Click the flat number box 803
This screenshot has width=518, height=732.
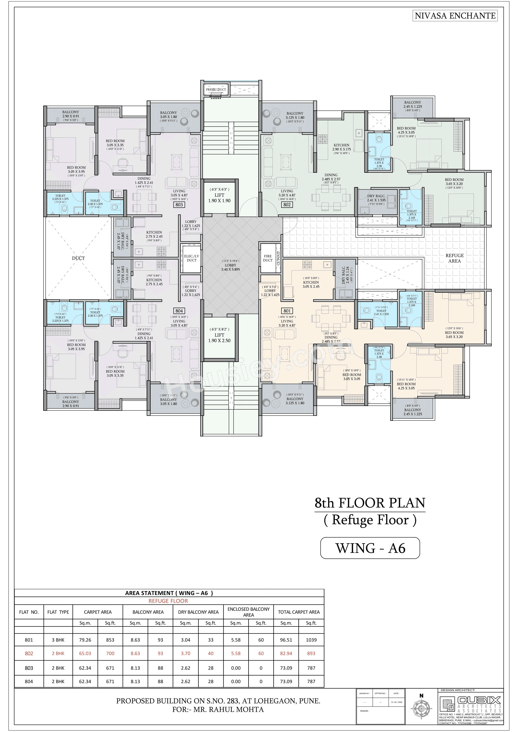tap(179, 205)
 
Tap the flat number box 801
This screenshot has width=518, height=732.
tap(287, 311)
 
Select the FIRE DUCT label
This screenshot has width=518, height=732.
tap(268, 258)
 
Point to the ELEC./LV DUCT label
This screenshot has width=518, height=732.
tap(192, 258)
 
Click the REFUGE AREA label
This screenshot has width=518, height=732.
tap(454, 258)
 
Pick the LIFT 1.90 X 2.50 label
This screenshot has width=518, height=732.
tap(219, 338)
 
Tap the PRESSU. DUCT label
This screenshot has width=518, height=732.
tap(216, 90)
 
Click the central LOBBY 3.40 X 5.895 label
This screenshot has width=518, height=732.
tap(231, 267)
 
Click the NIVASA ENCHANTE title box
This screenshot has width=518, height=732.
tap(455, 16)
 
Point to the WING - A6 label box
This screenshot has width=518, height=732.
tap(370, 548)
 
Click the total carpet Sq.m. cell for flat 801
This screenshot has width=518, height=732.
tap(286, 640)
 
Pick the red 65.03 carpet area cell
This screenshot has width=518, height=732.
tap(85, 653)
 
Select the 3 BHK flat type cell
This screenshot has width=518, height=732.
tap(58, 640)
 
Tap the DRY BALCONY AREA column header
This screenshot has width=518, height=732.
tap(198, 612)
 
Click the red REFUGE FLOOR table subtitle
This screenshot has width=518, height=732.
tap(168, 601)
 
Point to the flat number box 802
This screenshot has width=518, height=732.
tap(287, 205)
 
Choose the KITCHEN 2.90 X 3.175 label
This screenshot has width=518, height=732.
tap(341, 149)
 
